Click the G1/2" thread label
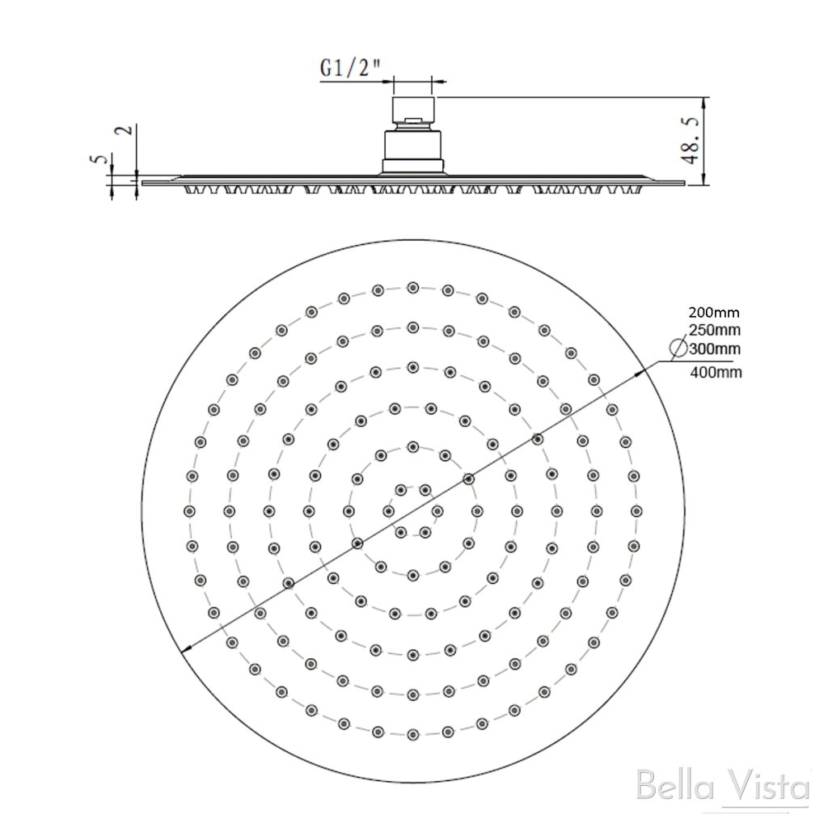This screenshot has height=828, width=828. (349, 70)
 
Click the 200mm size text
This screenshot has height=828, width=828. (714, 312)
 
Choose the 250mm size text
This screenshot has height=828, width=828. (714, 330)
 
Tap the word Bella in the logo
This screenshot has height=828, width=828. (668, 787)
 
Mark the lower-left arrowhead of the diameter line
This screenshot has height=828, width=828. (186, 648)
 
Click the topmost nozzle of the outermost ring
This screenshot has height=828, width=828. (412, 287)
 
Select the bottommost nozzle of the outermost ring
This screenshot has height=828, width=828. (412, 734)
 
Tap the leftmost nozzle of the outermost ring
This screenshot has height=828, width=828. (189, 511)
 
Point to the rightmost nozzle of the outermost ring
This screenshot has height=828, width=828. (636, 511)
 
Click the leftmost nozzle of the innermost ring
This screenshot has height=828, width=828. (389, 511)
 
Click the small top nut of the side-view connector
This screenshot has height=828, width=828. (413, 122)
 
